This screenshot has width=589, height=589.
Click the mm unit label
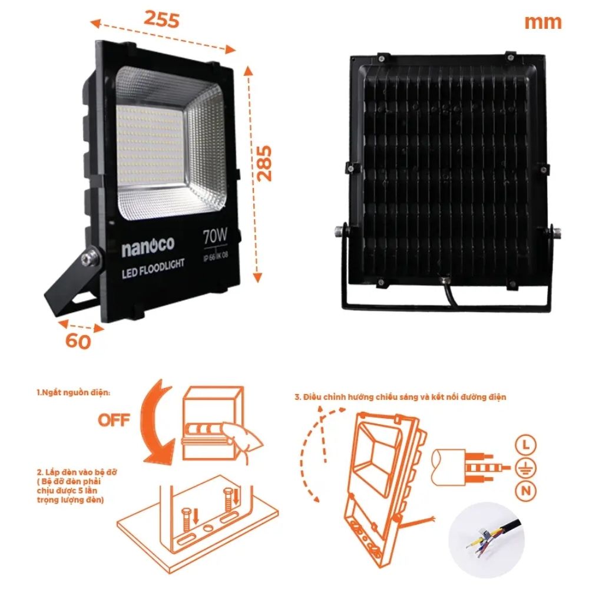542,22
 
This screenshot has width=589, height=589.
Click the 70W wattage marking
215,237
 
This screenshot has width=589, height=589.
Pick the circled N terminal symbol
525,490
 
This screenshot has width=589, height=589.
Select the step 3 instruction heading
400,397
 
